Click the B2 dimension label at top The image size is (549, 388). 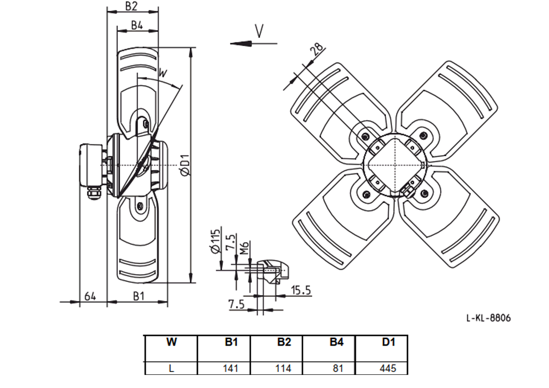pos(131,6)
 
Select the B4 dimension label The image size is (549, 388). pos(137,25)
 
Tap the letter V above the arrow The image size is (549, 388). pos(259,31)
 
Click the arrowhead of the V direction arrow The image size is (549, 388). pos(241,44)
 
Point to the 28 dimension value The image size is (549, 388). pos(318,49)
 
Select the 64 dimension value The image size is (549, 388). pos(90,297)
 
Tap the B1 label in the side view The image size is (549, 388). pos(139,297)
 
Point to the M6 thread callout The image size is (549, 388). pos(244,248)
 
